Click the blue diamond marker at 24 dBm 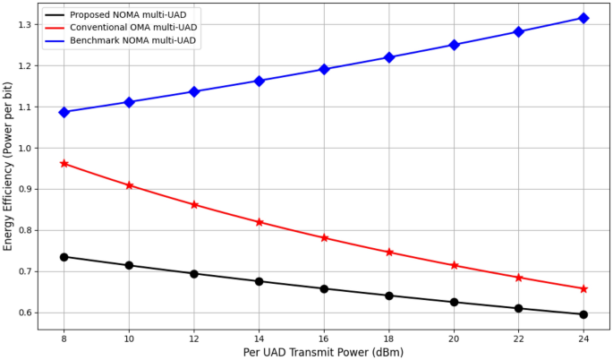click(583, 18)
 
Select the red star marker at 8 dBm click(64, 164)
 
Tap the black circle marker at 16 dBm click(324, 288)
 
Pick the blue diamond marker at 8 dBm click(64, 112)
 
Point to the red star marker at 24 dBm click(583, 288)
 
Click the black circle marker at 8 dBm click(64, 257)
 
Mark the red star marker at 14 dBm click(259, 222)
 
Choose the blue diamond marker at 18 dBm click(388, 57)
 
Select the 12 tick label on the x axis click(193, 339)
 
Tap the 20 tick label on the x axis click(454, 339)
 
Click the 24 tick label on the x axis click(583, 339)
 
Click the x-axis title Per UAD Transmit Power click(323, 352)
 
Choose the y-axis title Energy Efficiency click(8, 166)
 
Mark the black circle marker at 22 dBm click(518, 308)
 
